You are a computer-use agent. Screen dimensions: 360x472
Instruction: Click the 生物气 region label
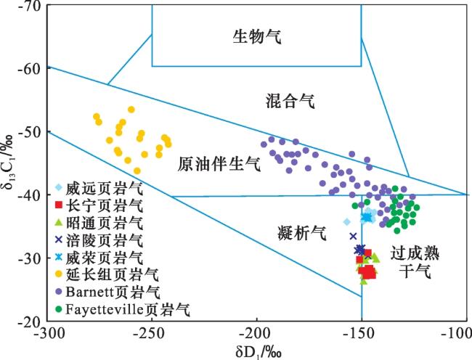pos(256,36)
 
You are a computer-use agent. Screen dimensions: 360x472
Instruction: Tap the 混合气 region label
pos(289,101)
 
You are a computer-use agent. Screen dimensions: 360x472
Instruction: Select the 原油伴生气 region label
pos(219,165)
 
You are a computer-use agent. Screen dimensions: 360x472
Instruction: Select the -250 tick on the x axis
pos(151,333)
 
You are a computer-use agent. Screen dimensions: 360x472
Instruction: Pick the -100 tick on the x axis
pos(459,333)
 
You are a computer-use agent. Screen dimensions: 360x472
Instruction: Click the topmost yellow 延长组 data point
pos(131,110)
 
